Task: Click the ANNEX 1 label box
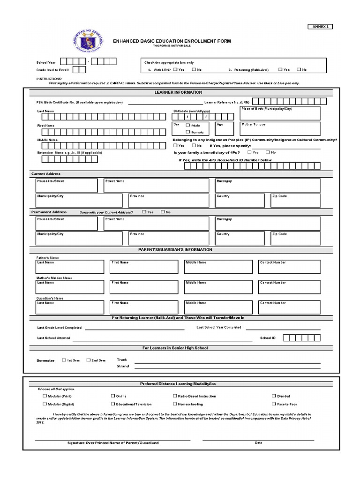(x=319, y=27)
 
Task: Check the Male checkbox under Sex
(x=188, y=125)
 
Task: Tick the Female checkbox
(x=188, y=132)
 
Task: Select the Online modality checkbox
(x=112, y=396)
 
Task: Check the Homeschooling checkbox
(x=174, y=404)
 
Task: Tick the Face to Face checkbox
(x=273, y=404)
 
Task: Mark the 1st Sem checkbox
(x=64, y=360)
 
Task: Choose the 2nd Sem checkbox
(x=88, y=360)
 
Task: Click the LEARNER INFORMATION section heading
(x=178, y=92)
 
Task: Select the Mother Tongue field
(x=280, y=128)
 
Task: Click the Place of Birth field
(x=280, y=113)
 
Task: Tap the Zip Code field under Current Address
(x=295, y=200)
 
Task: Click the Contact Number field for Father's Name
(x=290, y=267)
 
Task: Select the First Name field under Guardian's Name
(x=144, y=307)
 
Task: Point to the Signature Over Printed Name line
(x=112, y=440)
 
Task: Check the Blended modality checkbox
(x=273, y=396)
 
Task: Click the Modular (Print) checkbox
(x=45, y=396)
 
